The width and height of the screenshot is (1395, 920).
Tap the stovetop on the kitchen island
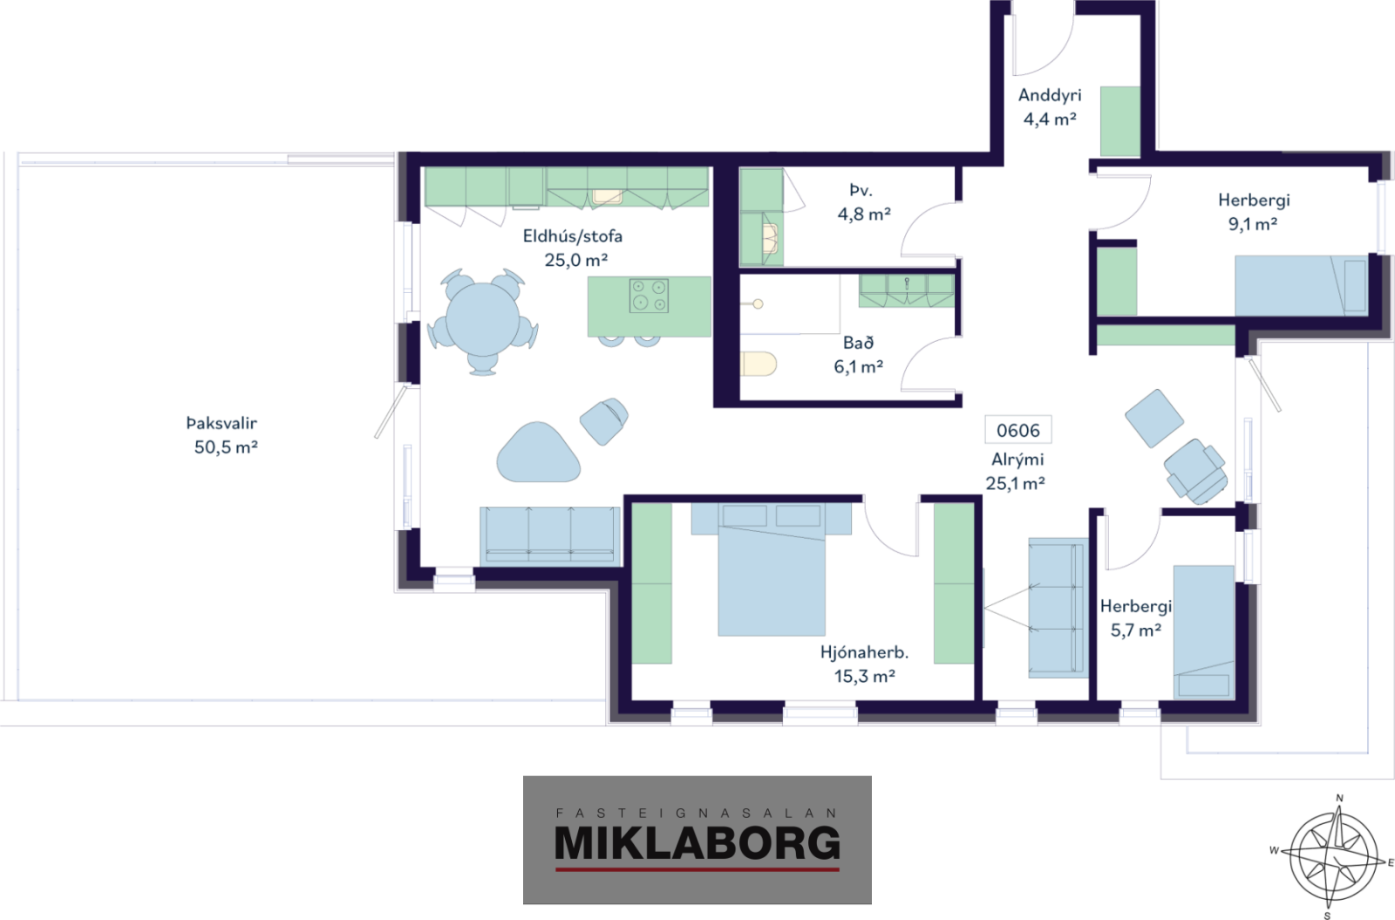tap(649, 296)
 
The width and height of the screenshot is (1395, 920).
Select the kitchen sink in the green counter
tap(607, 196)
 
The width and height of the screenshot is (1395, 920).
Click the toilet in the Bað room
tap(759, 364)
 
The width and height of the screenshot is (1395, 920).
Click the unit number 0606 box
tap(1018, 430)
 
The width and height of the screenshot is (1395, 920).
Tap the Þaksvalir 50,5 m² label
tap(223, 435)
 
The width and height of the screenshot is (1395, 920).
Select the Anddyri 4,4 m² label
tap(1050, 106)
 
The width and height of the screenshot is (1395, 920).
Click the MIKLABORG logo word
tap(697, 842)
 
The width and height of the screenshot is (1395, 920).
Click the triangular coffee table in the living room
tap(538, 453)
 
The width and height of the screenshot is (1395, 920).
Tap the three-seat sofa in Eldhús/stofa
tap(550, 535)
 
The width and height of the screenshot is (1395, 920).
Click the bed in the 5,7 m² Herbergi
tap(1204, 632)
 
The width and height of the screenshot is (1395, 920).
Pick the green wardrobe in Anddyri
tap(1120, 121)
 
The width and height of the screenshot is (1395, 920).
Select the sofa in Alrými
tap(1058, 608)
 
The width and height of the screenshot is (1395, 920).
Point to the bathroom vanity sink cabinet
tap(907, 291)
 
